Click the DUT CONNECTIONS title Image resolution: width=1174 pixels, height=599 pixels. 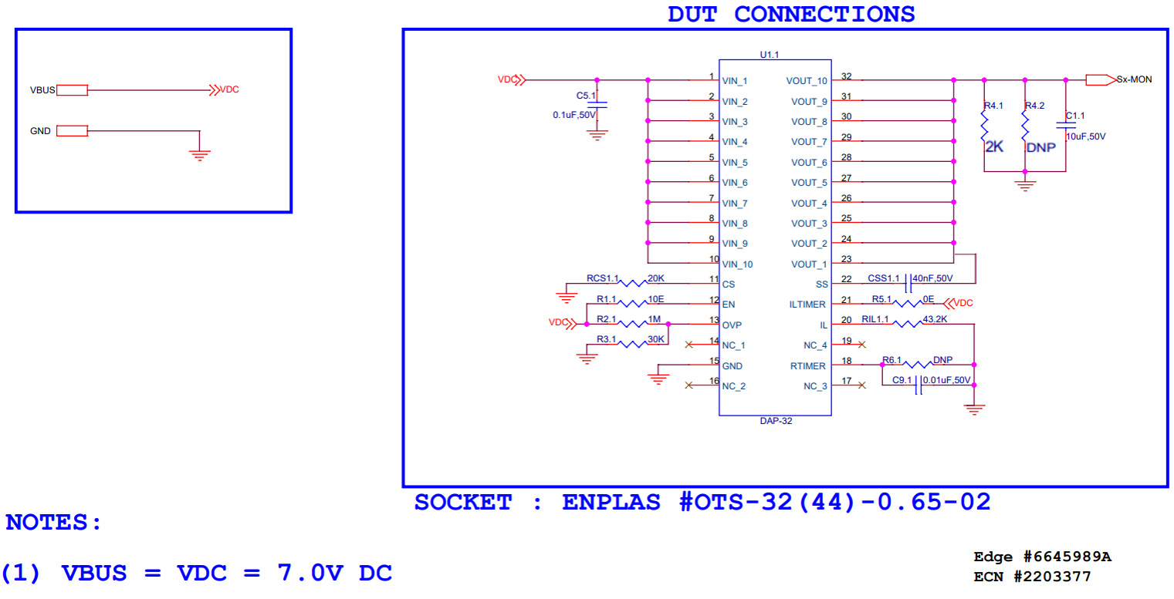pos(791,14)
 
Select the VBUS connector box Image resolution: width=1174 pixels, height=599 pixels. pos(73,90)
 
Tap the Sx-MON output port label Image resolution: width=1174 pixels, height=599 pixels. pos(1134,79)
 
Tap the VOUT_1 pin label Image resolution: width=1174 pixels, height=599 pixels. pos(808,264)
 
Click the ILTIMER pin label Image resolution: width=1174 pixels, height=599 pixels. pos(807,305)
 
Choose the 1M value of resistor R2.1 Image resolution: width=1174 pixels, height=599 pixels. pos(654,319)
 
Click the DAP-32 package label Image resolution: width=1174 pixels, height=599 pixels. pos(775,422)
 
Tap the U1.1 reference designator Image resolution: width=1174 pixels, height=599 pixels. pos(770,55)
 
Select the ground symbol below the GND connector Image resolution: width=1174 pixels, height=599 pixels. pos(200,155)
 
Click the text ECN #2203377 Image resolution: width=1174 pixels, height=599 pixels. pos(1032,576)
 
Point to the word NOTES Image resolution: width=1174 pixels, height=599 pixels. pos(53,523)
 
